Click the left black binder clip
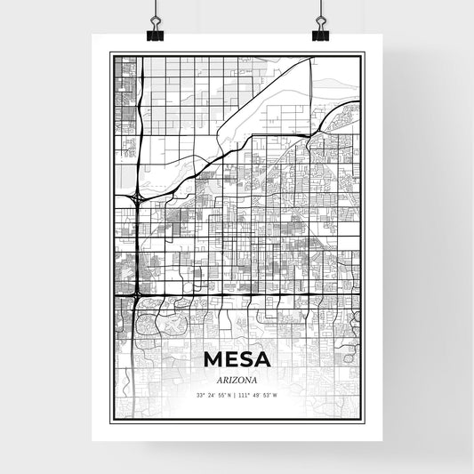click(x=157, y=34)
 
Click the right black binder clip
click(x=319, y=34)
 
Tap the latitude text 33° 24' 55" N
click(x=213, y=396)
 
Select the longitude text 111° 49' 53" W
click(x=259, y=396)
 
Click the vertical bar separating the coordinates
click(x=236, y=396)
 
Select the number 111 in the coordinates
click(x=245, y=396)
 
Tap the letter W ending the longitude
click(x=276, y=396)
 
